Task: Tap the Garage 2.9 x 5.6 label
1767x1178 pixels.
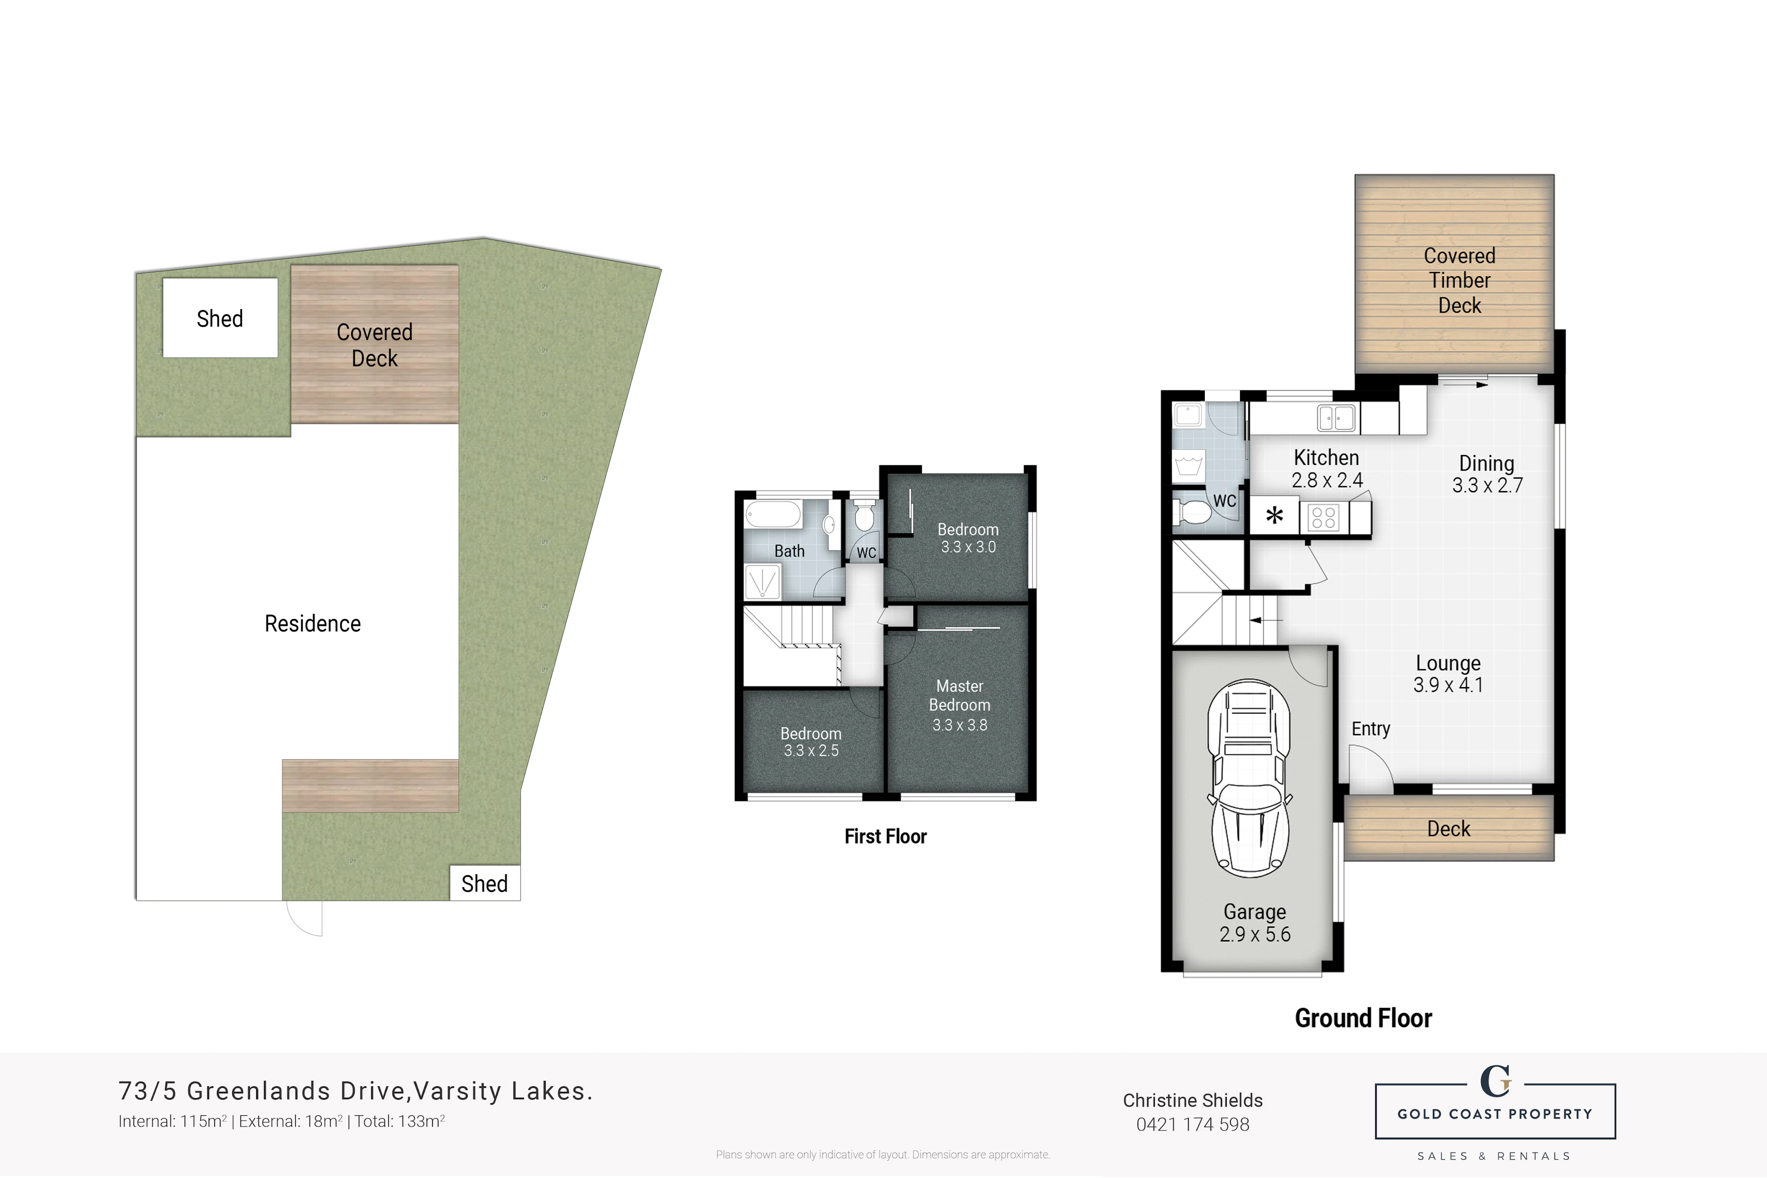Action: tap(1255, 923)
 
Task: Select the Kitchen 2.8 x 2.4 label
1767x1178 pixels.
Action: tap(1327, 468)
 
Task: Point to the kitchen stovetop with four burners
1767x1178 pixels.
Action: tap(1323, 517)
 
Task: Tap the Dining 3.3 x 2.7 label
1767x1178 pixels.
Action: tap(1487, 474)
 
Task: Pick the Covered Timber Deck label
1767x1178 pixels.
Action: tap(1459, 280)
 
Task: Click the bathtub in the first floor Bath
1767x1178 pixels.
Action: tap(773, 515)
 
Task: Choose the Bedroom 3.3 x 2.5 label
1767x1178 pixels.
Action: tap(811, 742)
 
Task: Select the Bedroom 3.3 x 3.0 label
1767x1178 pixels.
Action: tap(968, 538)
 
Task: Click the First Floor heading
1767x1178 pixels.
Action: tap(885, 836)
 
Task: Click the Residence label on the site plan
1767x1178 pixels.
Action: tap(312, 624)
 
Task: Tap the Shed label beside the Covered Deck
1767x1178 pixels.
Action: tap(220, 318)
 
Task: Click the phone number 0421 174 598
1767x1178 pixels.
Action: tap(1193, 1125)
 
